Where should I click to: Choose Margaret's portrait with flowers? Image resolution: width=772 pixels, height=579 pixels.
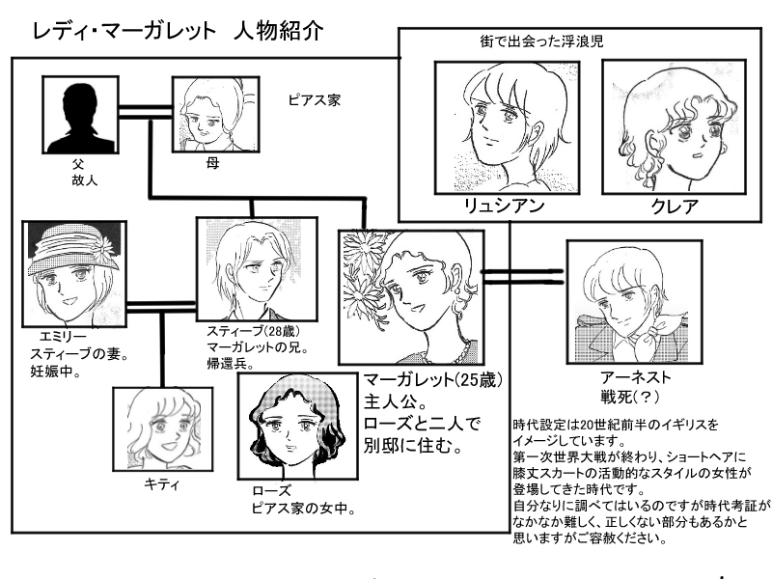tap(410, 296)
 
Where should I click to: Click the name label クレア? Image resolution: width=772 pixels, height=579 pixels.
tap(662, 207)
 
